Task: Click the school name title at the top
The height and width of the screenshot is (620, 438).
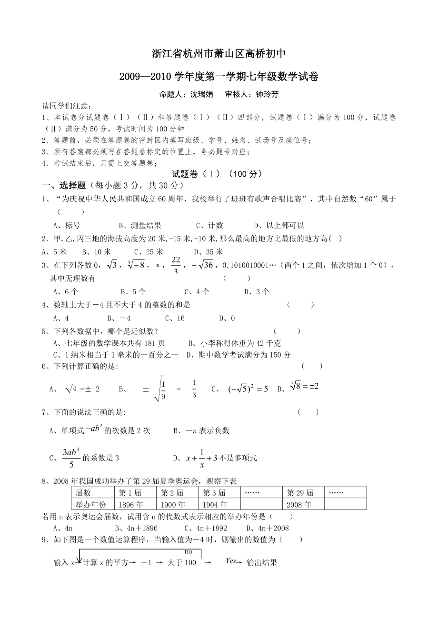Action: tap(219, 54)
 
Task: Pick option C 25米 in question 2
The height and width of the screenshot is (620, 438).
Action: tap(149, 252)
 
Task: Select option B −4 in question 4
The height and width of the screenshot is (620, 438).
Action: tap(119, 318)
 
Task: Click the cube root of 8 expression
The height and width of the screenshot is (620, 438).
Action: tap(304, 386)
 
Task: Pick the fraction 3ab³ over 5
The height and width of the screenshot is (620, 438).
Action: tap(70, 458)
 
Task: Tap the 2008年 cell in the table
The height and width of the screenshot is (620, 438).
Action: tap(299, 504)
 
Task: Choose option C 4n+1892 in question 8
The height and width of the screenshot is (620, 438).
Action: tap(206, 528)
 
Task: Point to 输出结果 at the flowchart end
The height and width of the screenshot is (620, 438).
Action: tap(261, 562)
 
